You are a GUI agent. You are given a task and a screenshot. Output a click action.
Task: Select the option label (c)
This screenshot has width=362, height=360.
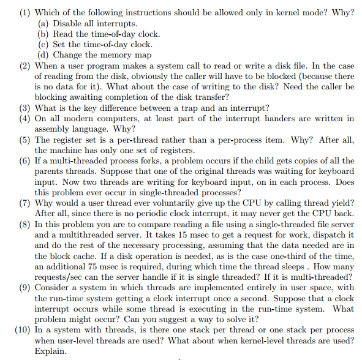point(42,44)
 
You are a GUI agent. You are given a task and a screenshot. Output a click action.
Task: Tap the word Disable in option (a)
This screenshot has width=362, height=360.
point(68,23)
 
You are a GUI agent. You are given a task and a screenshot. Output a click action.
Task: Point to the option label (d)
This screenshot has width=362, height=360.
point(42,54)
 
